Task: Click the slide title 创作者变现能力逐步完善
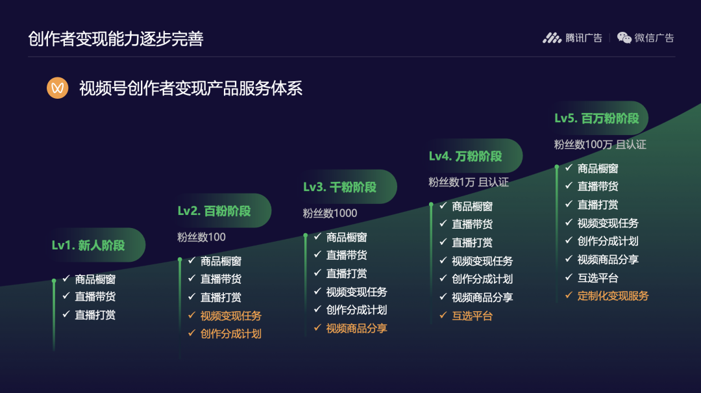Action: (x=116, y=39)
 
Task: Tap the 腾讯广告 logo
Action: (x=572, y=38)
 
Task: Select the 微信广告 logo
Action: (x=645, y=38)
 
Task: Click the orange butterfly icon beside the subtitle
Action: (x=58, y=88)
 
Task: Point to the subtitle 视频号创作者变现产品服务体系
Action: (x=191, y=88)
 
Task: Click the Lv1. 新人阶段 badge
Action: (x=97, y=246)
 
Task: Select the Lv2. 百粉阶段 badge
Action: (x=223, y=211)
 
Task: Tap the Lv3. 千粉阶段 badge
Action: (x=349, y=187)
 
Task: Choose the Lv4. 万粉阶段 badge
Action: (x=474, y=156)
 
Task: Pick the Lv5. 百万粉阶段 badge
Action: (x=600, y=118)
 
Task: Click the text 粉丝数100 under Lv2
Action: (x=202, y=237)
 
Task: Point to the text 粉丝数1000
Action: (x=330, y=214)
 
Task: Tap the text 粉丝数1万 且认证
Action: (x=469, y=182)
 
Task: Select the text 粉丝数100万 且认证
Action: (x=600, y=145)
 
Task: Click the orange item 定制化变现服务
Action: (x=613, y=296)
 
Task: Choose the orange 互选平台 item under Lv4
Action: (x=472, y=316)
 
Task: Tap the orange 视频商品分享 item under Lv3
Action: (x=356, y=329)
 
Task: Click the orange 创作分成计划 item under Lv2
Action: (x=230, y=334)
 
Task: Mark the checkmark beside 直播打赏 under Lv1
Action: (x=66, y=314)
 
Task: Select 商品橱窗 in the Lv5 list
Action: (x=598, y=169)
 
